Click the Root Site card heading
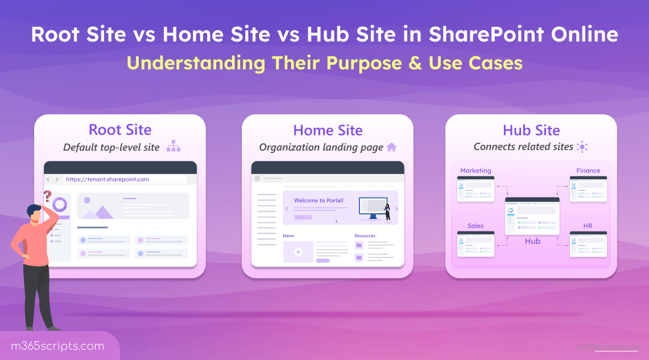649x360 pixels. click(x=120, y=130)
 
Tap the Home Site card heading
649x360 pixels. click(x=328, y=130)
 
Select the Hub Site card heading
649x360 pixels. click(x=531, y=130)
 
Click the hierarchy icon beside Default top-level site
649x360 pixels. click(x=173, y=147)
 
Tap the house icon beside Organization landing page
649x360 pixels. click(x=391, y=147)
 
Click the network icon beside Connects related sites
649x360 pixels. click(x=582, y=147)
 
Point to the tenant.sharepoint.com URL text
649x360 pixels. click(x=108, y=179)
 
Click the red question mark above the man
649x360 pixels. click(x=47, y=196)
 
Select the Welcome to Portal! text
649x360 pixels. click(x=319, y=200)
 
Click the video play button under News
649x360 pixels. click(x=298, y=251)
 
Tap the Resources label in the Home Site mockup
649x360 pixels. click(x=365, y=235)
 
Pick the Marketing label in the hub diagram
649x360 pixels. click(x=476, y=171)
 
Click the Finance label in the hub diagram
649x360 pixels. click(x=588, y=171)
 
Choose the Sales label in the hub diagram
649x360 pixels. click(x=476, y=226)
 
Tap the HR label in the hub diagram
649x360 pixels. click(x=588, y=226)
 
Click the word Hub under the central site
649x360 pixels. click(x=532, y=241)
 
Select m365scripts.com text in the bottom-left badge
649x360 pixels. click(x=57, y=346)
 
